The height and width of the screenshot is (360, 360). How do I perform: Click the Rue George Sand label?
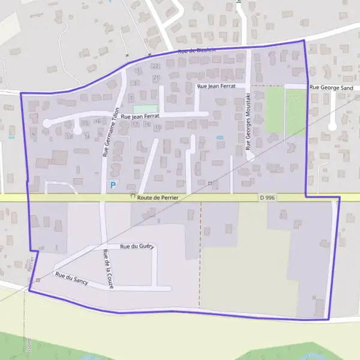point(331,88)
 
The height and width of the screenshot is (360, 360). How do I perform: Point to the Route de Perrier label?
point(158,197)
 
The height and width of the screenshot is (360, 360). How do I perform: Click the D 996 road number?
point(268,197)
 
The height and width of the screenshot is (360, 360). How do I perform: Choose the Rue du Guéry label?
point(137,247)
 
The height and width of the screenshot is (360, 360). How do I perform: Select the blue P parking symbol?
point(112,185)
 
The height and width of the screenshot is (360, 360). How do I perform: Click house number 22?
point(156,66)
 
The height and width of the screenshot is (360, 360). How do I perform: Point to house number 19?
point(157,127)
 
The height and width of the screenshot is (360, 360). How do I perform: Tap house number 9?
point(33,134)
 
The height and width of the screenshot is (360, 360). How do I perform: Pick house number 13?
point(69,136)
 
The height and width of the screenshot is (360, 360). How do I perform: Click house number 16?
point(97,121)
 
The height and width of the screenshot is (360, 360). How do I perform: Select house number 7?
point(131,97)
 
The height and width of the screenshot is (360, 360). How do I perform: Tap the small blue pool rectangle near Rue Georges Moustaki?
point(220,137)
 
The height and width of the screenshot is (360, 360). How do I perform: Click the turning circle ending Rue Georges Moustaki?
point(251,157)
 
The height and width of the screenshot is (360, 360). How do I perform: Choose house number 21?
point(157,78)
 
